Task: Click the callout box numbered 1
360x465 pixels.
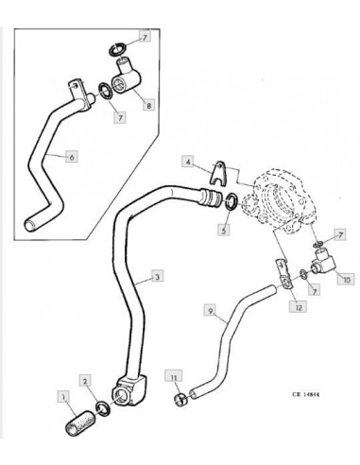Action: pos(63,397)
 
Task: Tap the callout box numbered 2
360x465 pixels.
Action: pos(85,381)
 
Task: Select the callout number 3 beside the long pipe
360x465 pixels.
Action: pos(157,276)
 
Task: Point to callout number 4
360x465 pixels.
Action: pos(188,162)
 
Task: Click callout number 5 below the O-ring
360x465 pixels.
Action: pos(223,230)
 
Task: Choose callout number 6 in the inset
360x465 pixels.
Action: pos(72,156)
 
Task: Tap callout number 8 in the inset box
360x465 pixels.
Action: pos(148,105)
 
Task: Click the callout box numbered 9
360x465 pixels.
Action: pos(211,310)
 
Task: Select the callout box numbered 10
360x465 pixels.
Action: pos(346,280)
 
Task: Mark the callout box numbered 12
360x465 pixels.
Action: pos(299,307)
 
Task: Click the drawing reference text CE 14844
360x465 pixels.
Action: pos(305,394)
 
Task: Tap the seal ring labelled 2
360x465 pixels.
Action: pos(104,408)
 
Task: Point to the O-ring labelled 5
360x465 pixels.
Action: pos(233,202)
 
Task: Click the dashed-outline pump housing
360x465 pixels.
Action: pos(277,200)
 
